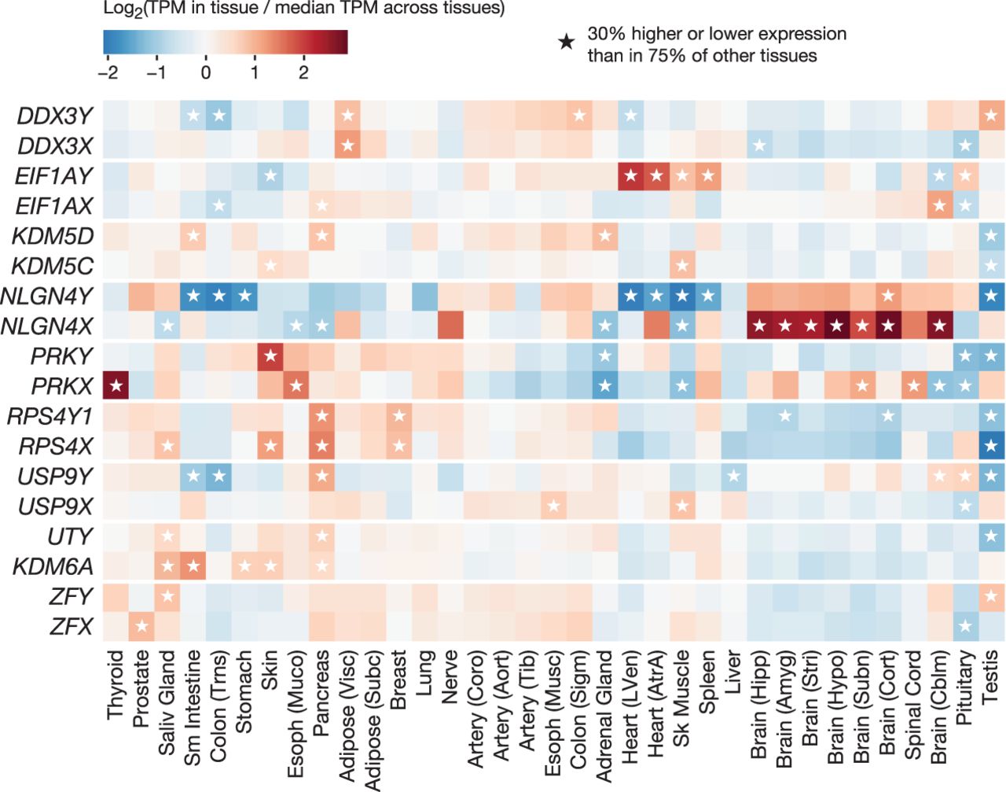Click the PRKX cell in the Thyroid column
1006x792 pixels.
click(116, 386)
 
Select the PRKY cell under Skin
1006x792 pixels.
click(270, 356)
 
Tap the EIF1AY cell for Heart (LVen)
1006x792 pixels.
click(630, 176)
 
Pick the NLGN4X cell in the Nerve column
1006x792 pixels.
click(450, 326)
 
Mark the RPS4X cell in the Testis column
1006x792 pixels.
click(991, 446)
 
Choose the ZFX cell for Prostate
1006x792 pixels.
click(141, 626)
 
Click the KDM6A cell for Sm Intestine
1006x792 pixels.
click(193, 566)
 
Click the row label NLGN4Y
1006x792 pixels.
click(46, 297)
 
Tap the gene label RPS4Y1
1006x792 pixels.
click(50, 416)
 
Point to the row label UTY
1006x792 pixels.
click(71, 536)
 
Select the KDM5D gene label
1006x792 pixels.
click(53, 236)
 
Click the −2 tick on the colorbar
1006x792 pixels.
click(108, 72)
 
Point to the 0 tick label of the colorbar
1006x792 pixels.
click(206, 72)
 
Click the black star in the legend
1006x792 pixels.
click(567, 42)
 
